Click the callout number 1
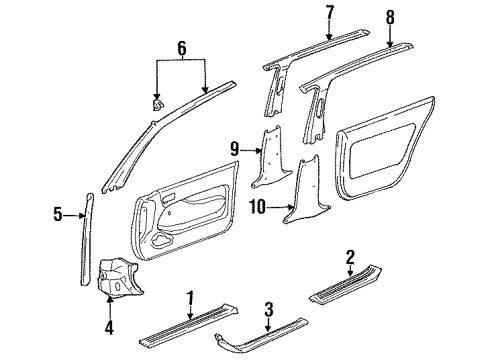pos(190,298)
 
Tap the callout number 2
pos(350,257)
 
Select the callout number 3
pos(269,309)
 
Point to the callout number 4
pos(109,327)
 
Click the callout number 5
pos(58,214)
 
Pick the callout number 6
pos(182,48)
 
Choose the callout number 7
pos(329,13)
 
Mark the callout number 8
pos(390,17)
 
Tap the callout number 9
pos(235,149)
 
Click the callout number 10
pos(258,207)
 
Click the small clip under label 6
pos(158,104)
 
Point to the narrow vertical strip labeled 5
pos(86,239)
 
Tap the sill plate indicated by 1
pos(189,323)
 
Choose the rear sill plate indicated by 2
pos(346,283)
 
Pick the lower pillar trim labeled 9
pos(270,157)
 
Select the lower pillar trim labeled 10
pos(305,190)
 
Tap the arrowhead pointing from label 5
pos(82,216)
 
